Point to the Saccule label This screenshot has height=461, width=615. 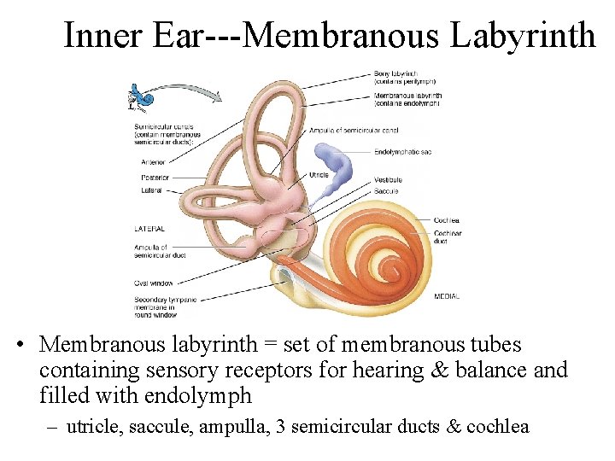[x=385, y=191]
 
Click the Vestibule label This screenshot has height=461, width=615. [x=388, y=180]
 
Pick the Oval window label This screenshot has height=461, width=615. [x=154, y=283]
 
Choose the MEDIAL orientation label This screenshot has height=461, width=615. [x=447, y=296]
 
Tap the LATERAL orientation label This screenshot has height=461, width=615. [x=149, y=228]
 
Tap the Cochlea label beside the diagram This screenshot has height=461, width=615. [x=446, y=220]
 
